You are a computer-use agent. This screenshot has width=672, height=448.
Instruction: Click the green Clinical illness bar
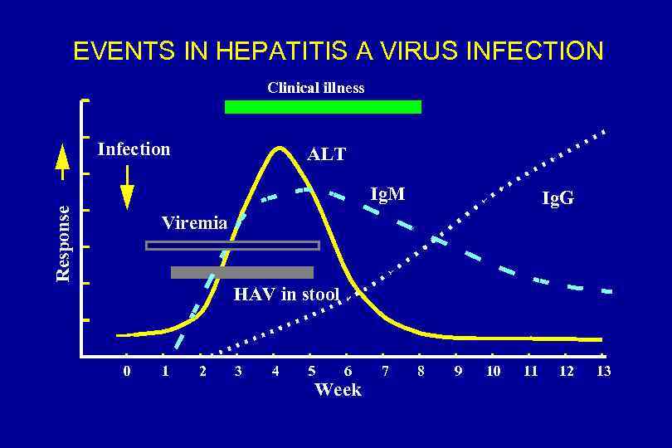pyautogui.click(x=323, y=106)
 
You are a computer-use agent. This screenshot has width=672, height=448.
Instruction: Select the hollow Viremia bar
pyautogui.click(x=232, y=245)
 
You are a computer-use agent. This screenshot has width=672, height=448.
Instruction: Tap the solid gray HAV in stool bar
pyautogui.click(x=241, y=272)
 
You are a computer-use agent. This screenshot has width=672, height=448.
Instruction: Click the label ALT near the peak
pyautogui.click(x=326, y=154)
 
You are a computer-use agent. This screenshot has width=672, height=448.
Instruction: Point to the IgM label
pyautogui.click(x=387, y=195)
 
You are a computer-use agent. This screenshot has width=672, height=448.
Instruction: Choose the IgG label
pyautogui.click(x=558, y=198)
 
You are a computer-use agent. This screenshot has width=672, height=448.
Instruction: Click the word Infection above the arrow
pyautogui.click(x=134, y=149)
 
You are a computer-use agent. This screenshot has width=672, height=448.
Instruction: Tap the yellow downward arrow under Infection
pyautogui.click(x=127, y=188)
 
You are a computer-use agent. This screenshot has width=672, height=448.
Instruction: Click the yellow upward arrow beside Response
pyautogui.click(x=62, y=163)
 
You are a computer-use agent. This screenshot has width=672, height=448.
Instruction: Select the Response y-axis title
pyautogui.click(x=63, y=241)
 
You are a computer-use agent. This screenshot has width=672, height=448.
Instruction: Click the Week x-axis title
pyautogui.click(x=338, y=390)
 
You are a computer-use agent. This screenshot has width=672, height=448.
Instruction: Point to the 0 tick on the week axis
pyautogui.click(x=126, y=371)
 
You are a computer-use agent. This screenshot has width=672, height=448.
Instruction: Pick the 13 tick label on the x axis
pyautogui.click(x=603, y=371)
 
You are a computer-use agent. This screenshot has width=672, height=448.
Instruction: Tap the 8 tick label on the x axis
pyautogui.click(x=421, y=371)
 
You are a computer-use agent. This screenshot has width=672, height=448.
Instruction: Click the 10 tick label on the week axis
pyautogui.click(x=493, y=371)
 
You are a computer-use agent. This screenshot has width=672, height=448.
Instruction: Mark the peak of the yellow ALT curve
pyautogui.click(x=280, y=148)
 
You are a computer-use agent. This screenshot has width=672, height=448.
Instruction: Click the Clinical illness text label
pyautogui.click(x=315, y=87)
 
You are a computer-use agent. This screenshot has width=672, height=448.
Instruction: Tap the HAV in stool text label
pyautogui.click(x=286, y=294)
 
